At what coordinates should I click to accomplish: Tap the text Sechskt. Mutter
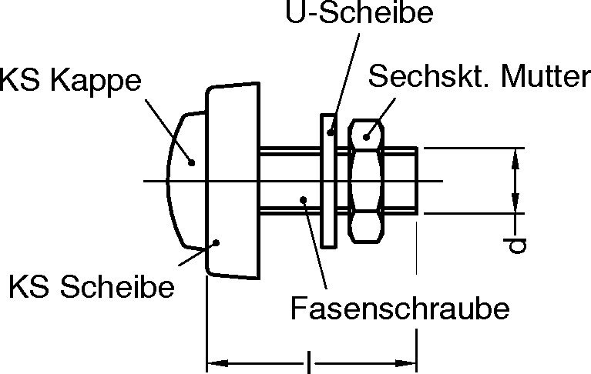(474, 77)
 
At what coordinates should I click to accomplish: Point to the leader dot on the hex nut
(368, 136)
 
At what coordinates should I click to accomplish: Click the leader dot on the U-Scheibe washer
(331, 133)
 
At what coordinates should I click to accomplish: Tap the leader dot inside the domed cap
(193, 162)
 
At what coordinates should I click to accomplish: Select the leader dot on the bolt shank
(304, 199)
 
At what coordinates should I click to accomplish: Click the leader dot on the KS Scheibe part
(217, 242)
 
